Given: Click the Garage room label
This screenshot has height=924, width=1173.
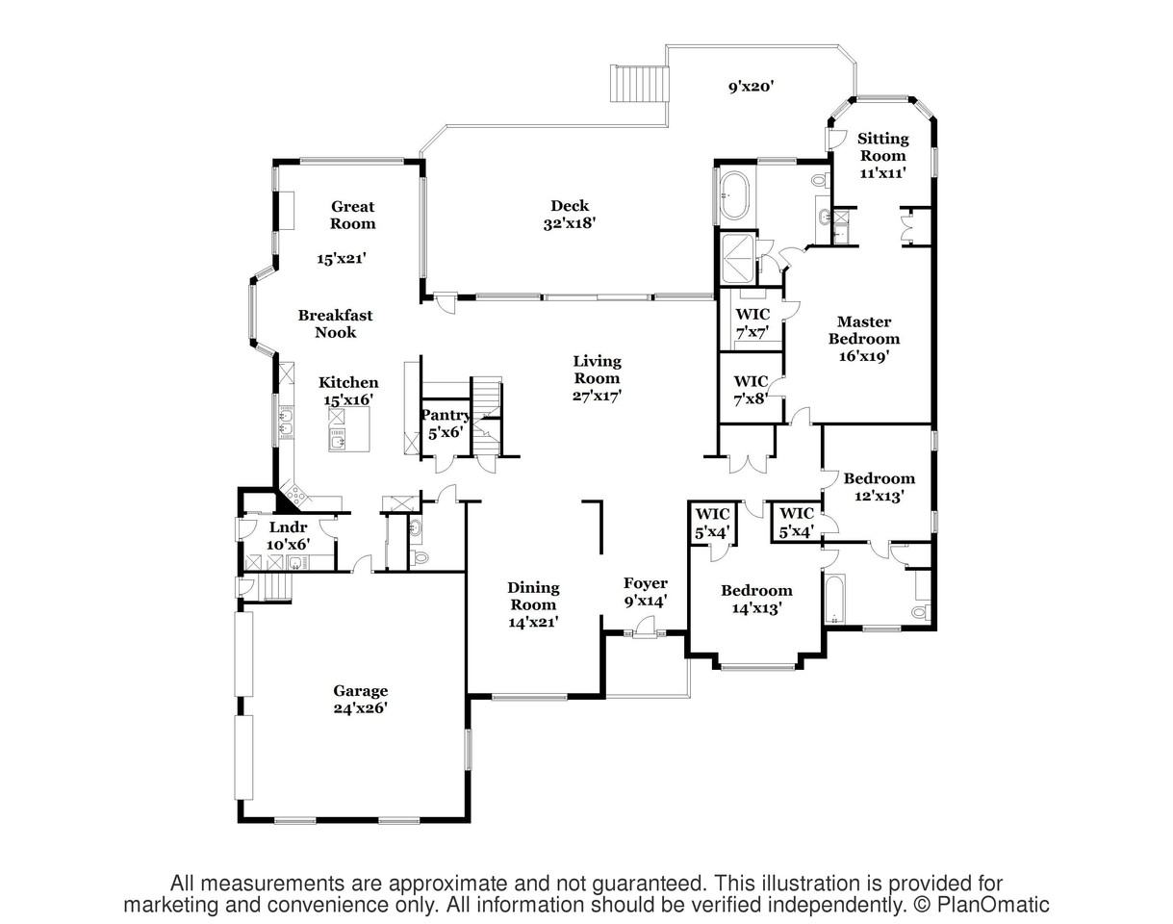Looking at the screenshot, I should tap(361, 690).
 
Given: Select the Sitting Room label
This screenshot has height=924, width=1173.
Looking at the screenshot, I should tap(882, 147).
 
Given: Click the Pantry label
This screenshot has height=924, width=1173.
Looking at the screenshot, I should tap(446, 416).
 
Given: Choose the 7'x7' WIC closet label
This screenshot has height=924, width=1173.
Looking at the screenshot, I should tap(752, 322).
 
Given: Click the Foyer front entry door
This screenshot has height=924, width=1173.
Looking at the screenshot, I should tap(642, 632).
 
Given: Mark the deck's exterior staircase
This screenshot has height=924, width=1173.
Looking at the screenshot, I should tap(640, 83).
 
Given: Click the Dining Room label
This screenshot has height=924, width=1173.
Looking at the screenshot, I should tap(533, 596).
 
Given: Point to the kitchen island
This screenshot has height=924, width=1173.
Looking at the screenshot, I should tap(347, 429).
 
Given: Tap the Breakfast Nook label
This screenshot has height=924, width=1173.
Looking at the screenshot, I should tap(335, 323).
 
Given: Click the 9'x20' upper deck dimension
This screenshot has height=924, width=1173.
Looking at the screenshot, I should tap(751, 87).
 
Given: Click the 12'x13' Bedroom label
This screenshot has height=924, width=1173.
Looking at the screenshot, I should tap(879, 487).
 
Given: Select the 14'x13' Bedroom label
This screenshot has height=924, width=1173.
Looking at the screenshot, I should tap(756, 599).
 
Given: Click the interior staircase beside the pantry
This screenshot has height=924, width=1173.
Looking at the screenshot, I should tap(486, 409).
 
